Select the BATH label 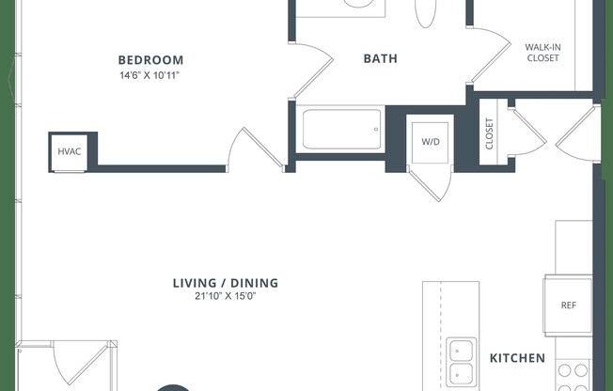pyautogui.click(x=380, y=58)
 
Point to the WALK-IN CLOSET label pyautogui.click(x=542, y=52)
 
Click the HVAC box pyautogui.click(x=70, y=151)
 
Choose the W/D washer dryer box pyautogui.click(x=430, y=141)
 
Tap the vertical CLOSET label pyautogui.click(x=489, y=134)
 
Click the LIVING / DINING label pyautogui.click(x=225, y=283)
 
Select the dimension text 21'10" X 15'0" pyautogui.click(x=227, y=297)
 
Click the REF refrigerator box pyautogui.click(x=568, y=305)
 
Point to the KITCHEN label pyautogui.click(x=517, y=358)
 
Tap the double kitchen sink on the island pyautogui.click(x=461, y=363)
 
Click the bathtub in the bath pyautogui.click(x=341, y=129)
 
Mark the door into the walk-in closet pyautogui.click(x=488, y=52)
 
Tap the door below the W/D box pyautogui.click(x=432, y=184)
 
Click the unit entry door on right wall pyautogui.click(x=575, y=132)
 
